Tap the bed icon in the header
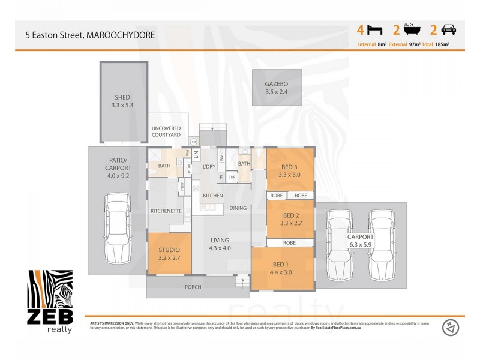[374, 29]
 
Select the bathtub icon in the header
[412, 29]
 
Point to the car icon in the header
[448, 29]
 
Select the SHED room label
[122, 97]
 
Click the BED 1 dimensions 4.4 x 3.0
[281, 272]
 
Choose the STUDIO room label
[169, 250]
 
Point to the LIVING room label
[219, 240]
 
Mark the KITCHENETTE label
[166, 211]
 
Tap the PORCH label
[193, 287]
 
